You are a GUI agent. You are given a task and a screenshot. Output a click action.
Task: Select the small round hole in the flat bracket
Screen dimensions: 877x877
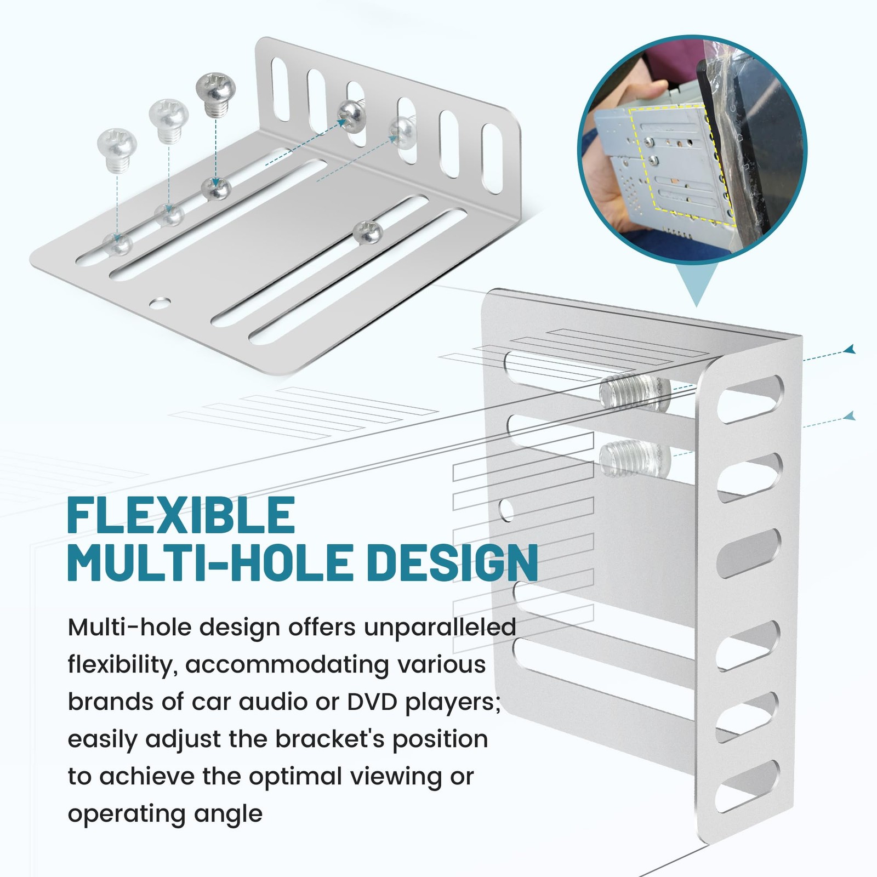(161, 302)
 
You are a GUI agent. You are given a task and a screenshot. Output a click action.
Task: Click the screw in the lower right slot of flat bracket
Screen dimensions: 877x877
(367, 232)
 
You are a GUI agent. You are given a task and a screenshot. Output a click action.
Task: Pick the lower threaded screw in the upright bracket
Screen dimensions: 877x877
(635, 459)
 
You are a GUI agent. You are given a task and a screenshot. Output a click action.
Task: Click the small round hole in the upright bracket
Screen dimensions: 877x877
(507, 510)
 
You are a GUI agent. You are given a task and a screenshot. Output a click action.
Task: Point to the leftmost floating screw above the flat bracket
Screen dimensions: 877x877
(116, 147)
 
